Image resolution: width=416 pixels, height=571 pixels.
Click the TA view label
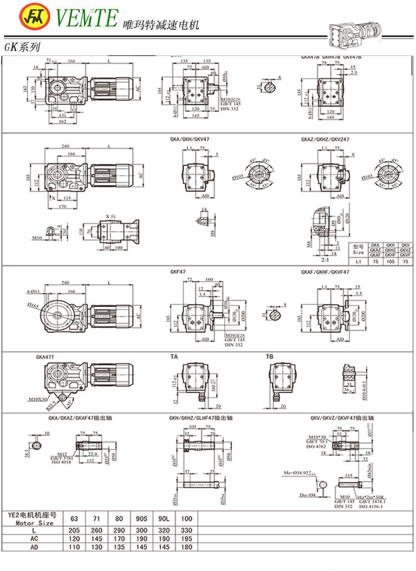click(174, 358)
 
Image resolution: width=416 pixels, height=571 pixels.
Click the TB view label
click(270, 358)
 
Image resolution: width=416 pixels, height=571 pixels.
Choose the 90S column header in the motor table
click(141, 519)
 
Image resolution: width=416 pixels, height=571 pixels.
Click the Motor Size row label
click(34, 522)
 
